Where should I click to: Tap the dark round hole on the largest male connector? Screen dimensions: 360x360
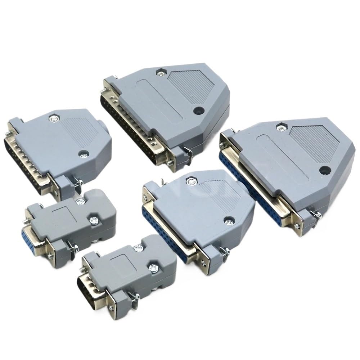198,111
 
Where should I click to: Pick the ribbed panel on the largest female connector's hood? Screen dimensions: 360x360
317,144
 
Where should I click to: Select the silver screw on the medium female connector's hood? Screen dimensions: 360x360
227,219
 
